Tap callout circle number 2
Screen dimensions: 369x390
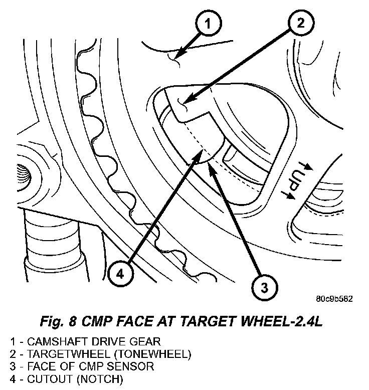point(299,23)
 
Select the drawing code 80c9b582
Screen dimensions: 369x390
point(334,299)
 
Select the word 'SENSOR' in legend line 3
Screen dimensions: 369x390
point(136,367)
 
